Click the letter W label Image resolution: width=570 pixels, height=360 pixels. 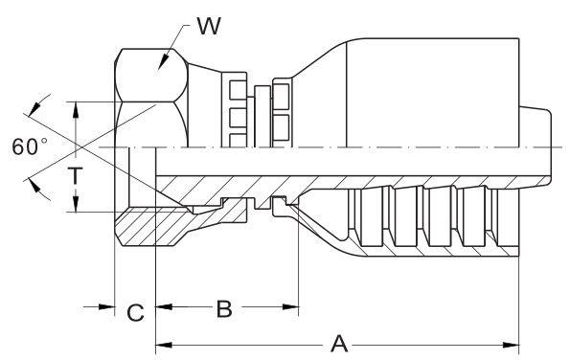pyautogui.click(x=209, y=26)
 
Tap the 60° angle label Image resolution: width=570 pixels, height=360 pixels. pyautogui.click(x=30, y=146)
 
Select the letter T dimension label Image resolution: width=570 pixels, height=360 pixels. pyautogui.click(x=76, y=175)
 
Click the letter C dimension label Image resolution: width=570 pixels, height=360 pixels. pyautogui.click(x=136, y=312)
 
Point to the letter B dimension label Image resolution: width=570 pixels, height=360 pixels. pyautogui.click(x=224, y=309)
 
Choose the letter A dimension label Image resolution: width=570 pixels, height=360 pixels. pyautogui.click(x=339, y=344)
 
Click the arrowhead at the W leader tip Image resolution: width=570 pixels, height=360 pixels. pyautogui.click(x=164, y=62)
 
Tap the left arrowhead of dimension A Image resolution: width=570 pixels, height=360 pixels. pyautogui.click(x=164, y=345)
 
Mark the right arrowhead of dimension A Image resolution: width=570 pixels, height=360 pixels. pyautogui.click(x=511, y=345)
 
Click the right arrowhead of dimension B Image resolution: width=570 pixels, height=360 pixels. pyautogui.click(x=290, y=307)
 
